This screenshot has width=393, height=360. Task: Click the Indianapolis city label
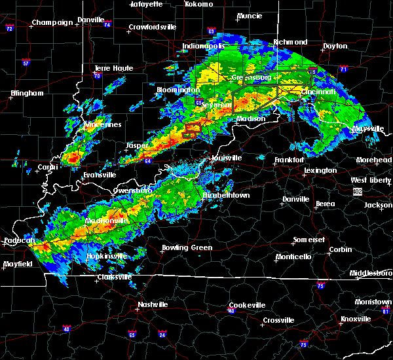pyautogui.click(x=204, y=46)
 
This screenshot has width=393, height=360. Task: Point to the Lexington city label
pyautogui.click(x=320, y=171)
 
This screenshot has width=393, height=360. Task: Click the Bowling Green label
pyautogui.click(x=187, y=248)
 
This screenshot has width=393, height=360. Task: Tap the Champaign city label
pyautogui.click(x=53, y=22)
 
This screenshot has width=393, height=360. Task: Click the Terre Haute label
pyautogui.click(x=114, y=68)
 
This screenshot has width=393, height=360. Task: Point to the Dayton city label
pyautogui.click(x=335, y=46)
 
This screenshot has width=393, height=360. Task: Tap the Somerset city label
pyautogui.click(x=309, y=240)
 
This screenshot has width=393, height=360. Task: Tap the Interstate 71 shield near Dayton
pyautogui.click(x=343, y=69)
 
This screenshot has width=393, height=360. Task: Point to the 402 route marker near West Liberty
pyautogui.click(x=357, y=191)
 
